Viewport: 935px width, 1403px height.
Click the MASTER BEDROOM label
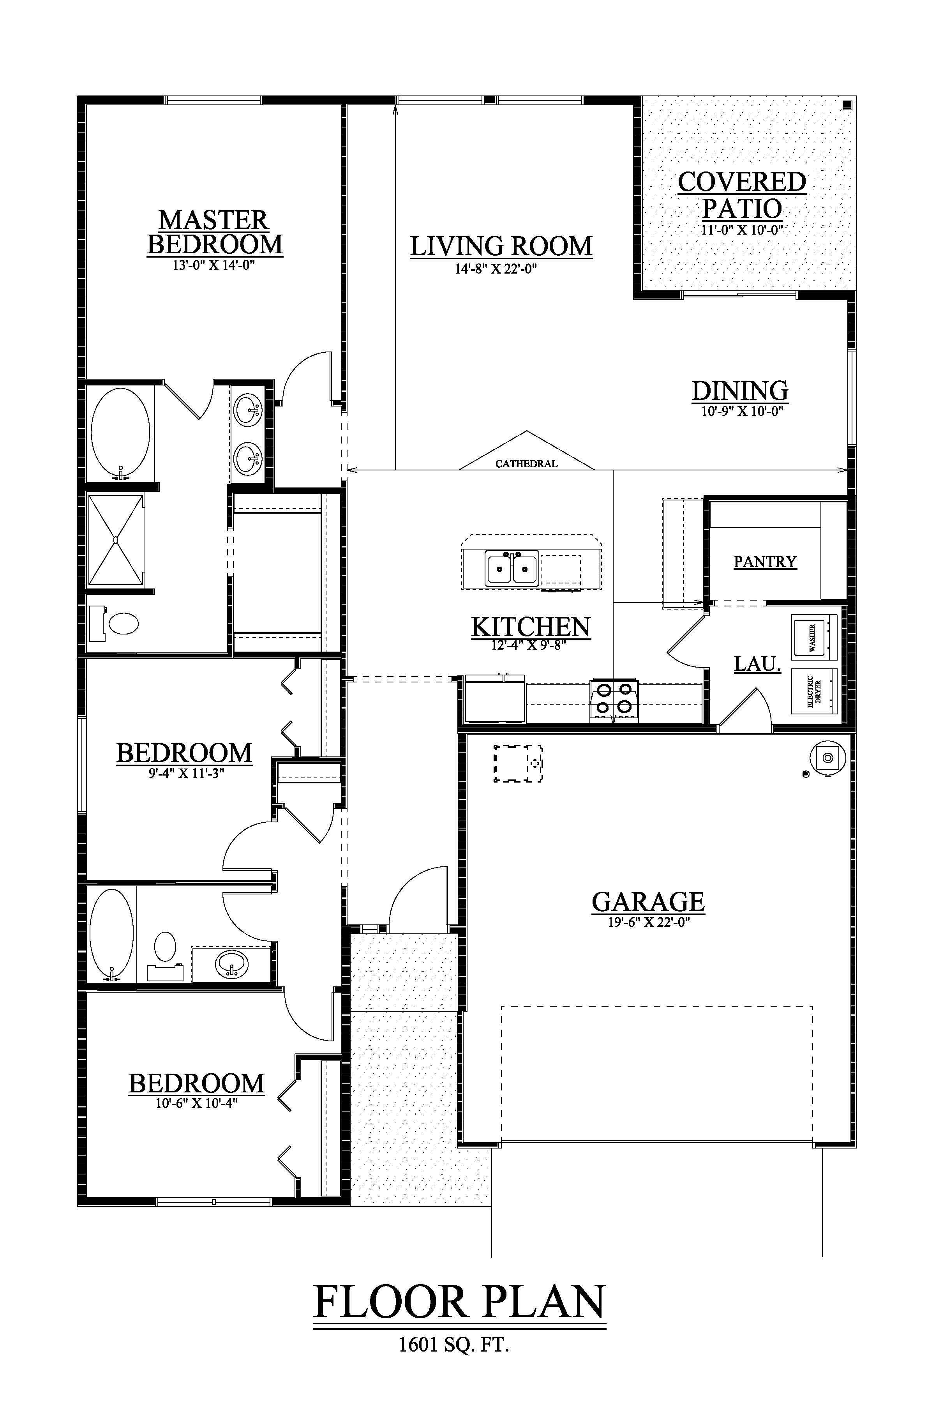coord(215,233)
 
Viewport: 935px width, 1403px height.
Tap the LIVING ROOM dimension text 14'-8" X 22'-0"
coord(496,269)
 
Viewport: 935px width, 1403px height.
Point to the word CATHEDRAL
coord(527,463)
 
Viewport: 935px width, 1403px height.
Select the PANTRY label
coord(765,561)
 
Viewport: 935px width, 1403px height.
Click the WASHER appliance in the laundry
coord(813,637)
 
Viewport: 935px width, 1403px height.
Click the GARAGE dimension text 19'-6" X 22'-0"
coord(648,922)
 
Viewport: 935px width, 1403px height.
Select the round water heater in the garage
coord(827,758)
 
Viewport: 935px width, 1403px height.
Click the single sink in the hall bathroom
coord(231,962)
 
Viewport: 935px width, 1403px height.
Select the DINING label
coord(740,391)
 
